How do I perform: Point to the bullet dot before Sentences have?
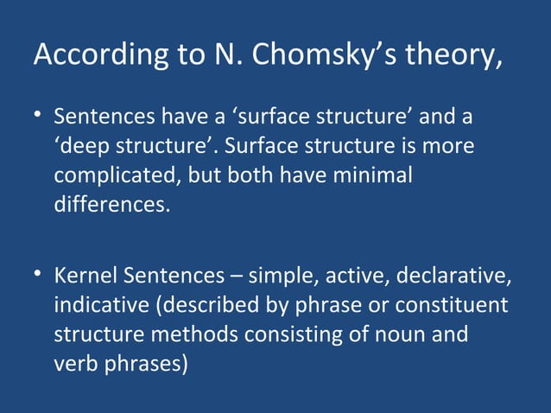point(39,116)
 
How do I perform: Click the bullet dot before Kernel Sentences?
point(39,276)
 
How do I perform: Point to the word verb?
point(75,364)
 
